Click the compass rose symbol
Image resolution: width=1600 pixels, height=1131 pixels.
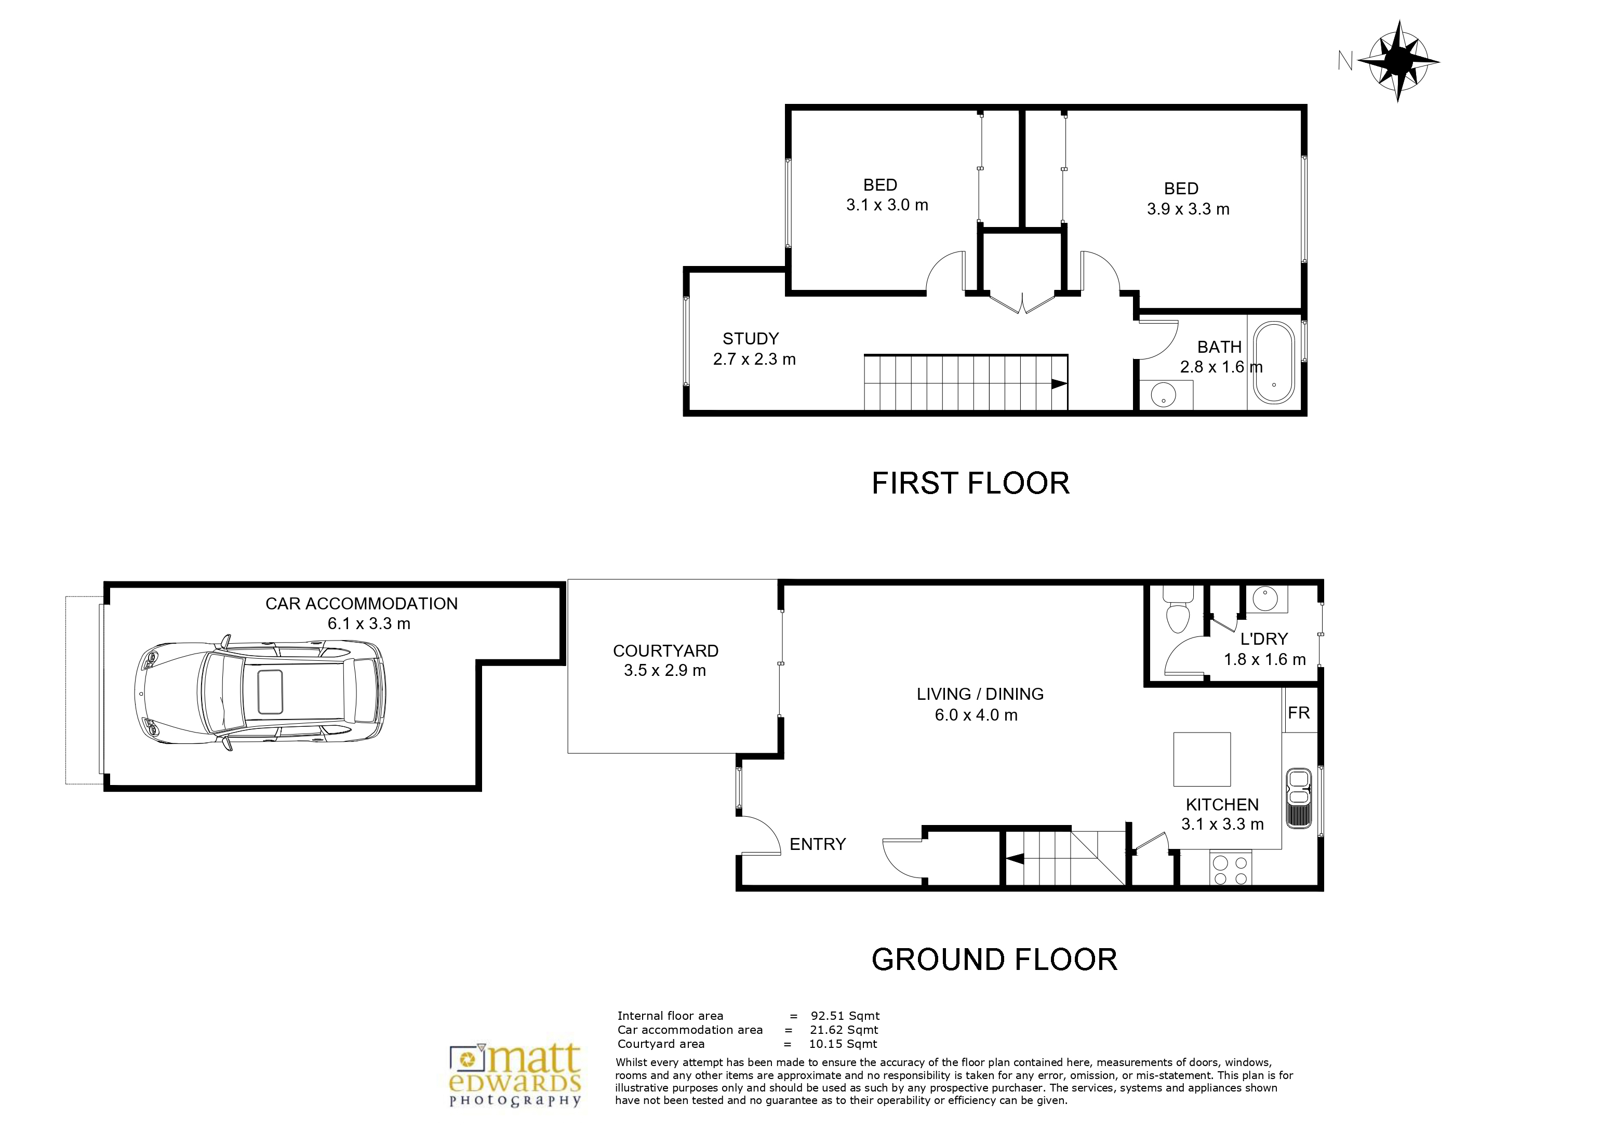[x=1398, y=61]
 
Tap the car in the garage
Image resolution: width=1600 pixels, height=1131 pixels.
[x=259, y=694]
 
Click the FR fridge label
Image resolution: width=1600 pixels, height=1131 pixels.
[x=1299, y=712]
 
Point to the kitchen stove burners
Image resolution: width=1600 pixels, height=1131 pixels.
[x=1231, y=869]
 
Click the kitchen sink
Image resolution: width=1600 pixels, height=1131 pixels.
[x=1298, y=799]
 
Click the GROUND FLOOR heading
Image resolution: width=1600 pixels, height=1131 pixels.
[x=994, y=960]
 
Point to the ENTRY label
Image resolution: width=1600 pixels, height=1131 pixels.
[x=818, y=844]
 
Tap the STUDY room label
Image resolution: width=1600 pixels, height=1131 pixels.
[x=751, y=339]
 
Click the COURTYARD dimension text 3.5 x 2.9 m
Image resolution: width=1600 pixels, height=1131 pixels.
[x=665, y=670]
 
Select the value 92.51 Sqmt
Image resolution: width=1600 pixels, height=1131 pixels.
[x=845, y=1016]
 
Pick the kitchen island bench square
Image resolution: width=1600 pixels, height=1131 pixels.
[x=1202, y=759]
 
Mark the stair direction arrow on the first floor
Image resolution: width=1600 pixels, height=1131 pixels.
[x=1059, y=383]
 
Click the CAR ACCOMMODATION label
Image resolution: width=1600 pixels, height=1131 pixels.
[x=362, y=604]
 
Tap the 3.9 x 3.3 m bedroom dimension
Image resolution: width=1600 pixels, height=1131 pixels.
[x=1188, y=209]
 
